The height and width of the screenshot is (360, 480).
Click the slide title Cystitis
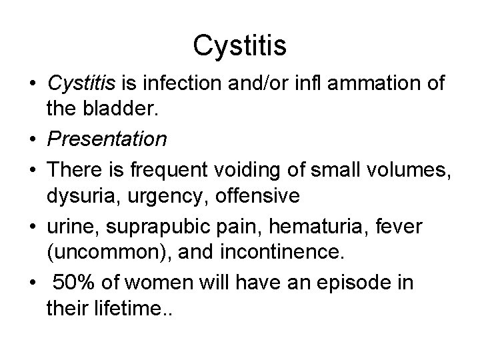point(239,46)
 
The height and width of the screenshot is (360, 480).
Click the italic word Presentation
point(107,139)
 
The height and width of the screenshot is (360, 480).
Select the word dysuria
point(75,197)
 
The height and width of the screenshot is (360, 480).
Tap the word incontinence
point(241,254)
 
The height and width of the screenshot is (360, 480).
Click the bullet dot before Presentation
point(33,139)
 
